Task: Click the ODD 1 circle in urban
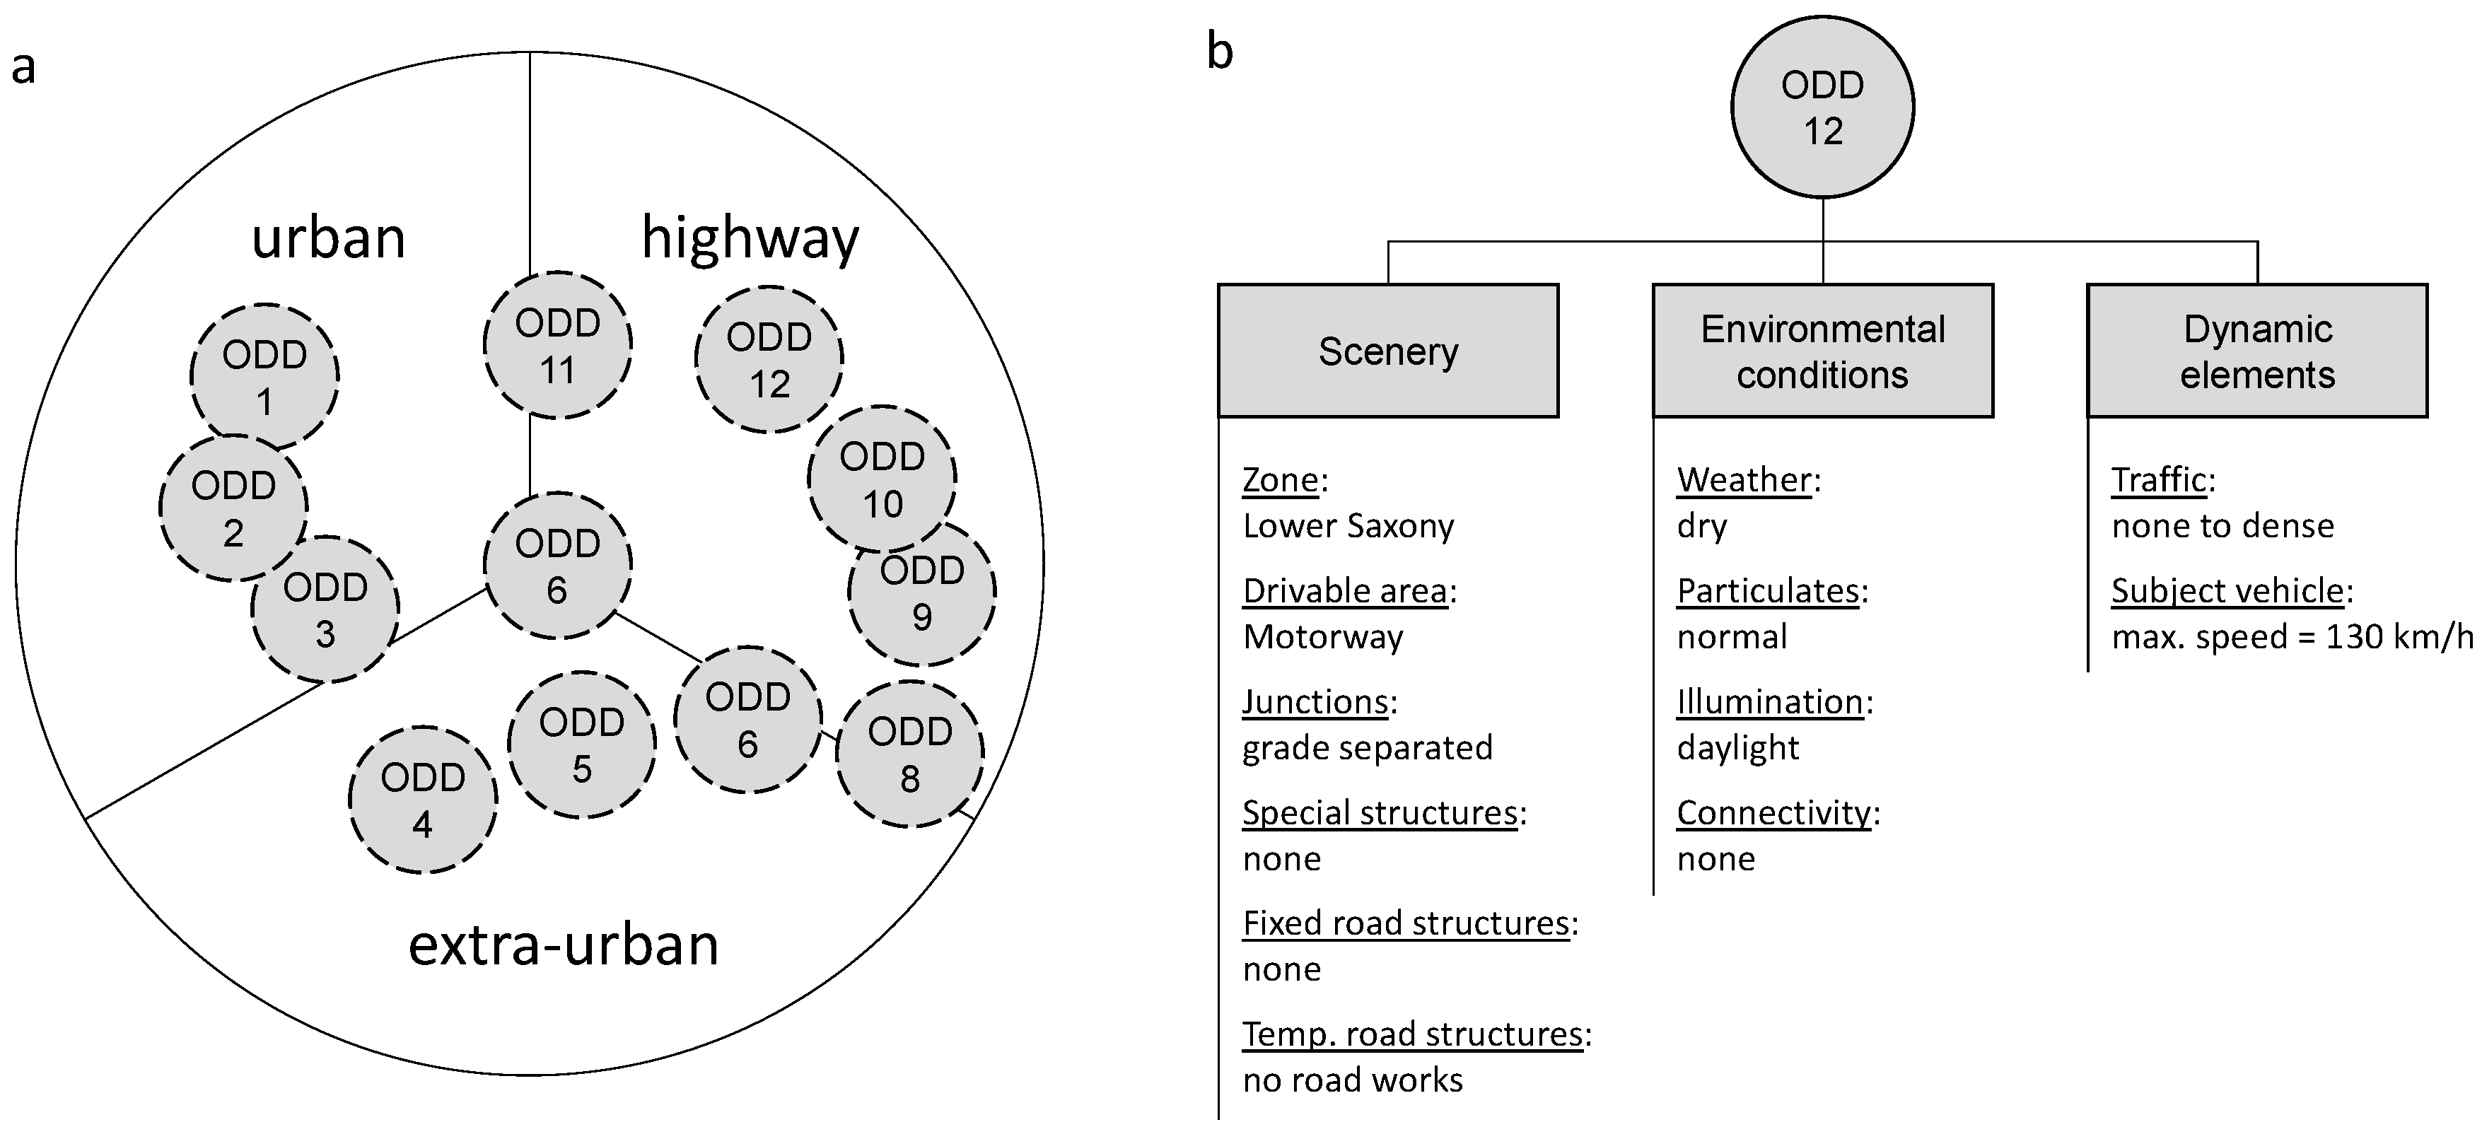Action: coord(265,377)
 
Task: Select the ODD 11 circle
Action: coord(557,345)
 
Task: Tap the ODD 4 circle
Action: coord(422,800)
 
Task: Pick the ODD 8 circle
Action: coord(909,754)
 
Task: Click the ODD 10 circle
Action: coord(882,479)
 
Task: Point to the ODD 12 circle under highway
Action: coord(769,359)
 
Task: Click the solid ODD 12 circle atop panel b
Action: coord(1822,107)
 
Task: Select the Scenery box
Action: coord(1387,351)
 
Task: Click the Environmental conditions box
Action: coord(1822,351)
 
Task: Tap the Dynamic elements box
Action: coord(2256,351)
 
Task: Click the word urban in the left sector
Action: coord(329,238)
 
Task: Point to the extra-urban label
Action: coord(564,945)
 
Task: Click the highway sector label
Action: coord(750,238)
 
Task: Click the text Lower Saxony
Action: coord(1348,526)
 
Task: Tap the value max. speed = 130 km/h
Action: coord(2291,637)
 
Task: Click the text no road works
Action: coord(1352,1080)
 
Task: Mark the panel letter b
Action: coord(1220,52)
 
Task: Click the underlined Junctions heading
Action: coord(1315,701)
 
